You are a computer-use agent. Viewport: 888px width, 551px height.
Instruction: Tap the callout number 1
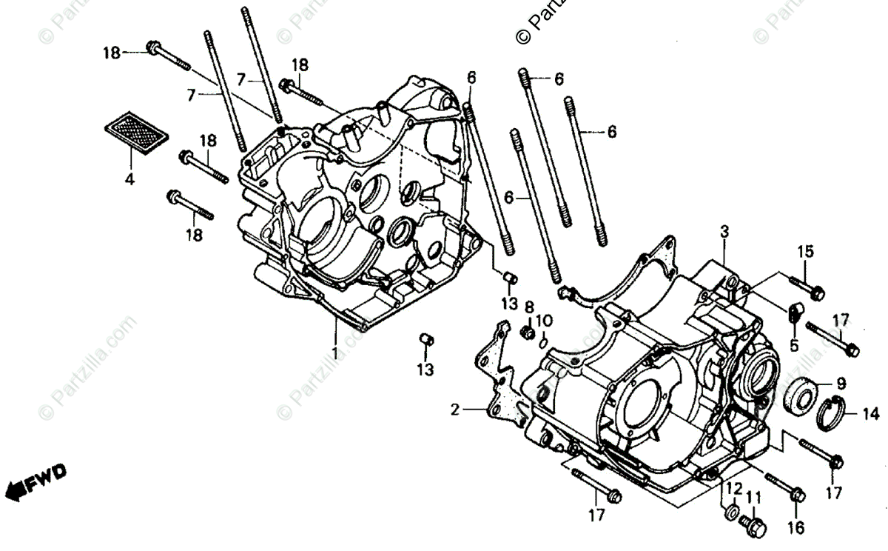pos(334,353)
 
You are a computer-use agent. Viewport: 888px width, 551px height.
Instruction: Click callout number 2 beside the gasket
pos(456,410)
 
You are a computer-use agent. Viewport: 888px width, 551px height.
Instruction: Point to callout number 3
pos(724,232)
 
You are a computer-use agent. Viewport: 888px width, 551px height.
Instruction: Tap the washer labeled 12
pos(730,512)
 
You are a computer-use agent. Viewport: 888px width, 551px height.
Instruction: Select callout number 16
pos(796,527)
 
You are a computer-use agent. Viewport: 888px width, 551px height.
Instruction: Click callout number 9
pos(841,384)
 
